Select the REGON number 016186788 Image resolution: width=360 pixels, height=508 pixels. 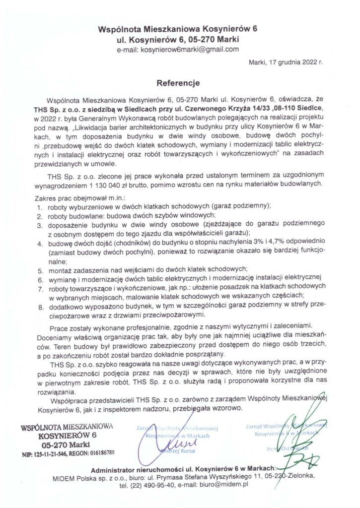(102, 452)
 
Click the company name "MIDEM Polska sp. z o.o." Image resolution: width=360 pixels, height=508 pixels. (87, 476)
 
